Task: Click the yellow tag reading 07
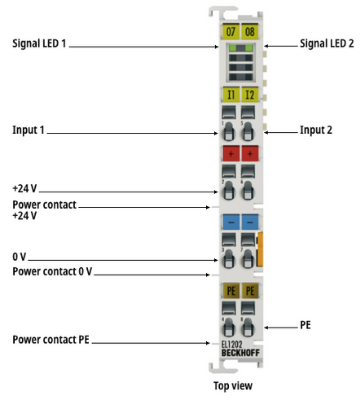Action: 231,32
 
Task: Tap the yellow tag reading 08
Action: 250,32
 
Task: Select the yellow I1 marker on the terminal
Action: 231,95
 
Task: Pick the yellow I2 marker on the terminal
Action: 250,95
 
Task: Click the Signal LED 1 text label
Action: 39,44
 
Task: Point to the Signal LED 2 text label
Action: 327,44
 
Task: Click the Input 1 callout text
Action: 28,130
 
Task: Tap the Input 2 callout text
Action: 316,130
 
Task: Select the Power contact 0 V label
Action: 52,272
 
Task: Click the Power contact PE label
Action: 51,340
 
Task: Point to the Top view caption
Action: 233,386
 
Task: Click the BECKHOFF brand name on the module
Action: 240,353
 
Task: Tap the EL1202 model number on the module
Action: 232,345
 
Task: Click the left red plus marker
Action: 231,154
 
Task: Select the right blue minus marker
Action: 250,222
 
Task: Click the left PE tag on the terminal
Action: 231,291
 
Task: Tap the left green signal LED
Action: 233,48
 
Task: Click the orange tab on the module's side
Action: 260,249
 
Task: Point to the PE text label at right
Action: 305,325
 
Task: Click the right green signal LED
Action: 249,48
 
